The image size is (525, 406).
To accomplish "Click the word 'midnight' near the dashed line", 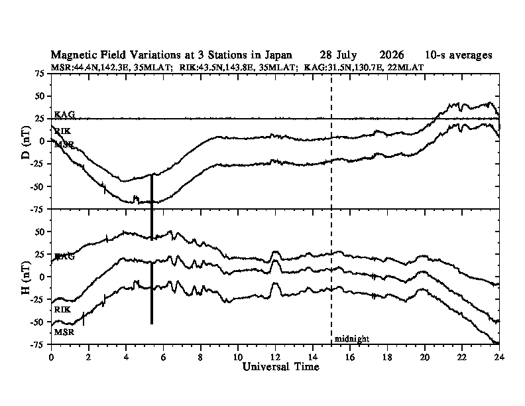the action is pos(352,339).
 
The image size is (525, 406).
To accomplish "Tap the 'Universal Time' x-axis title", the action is pos(280,367).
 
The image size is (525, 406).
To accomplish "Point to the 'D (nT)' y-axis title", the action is pos(26,143).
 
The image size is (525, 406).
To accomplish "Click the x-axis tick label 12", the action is pos(275,357).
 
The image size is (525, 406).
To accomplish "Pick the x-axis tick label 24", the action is pos(499,357).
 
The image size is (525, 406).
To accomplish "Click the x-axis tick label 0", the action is pos(51,357).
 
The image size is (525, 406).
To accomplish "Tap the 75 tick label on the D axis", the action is pos(40,74).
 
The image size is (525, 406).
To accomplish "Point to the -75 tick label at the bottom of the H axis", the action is pos(37,344).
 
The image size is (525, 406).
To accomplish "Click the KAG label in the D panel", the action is pos(64,115).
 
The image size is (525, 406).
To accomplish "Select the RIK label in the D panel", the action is pos(62,131).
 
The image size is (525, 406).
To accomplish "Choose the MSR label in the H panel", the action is pos(64,332).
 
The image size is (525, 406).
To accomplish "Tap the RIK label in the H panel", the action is pos(62,310).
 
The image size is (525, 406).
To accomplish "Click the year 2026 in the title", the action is pos(391,54).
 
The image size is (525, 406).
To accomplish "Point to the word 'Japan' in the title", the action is pos(278,55).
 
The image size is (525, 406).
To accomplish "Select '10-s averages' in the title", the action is pos(459,55).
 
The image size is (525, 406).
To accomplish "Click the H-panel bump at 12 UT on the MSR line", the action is pos(276,285).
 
